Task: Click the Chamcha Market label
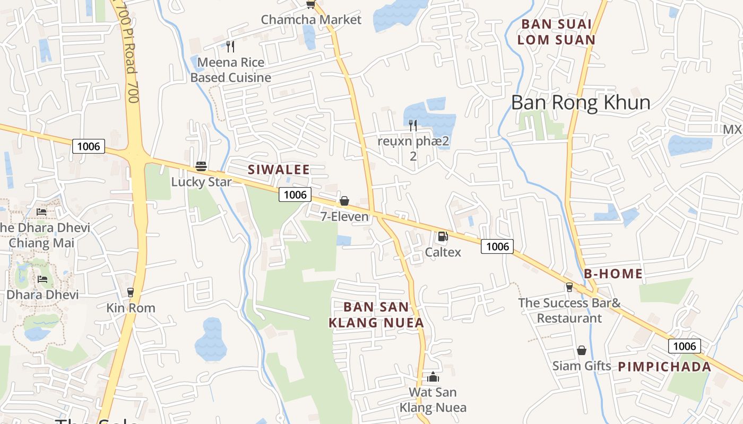311,20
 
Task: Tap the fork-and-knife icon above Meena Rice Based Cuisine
230,47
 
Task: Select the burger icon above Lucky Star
201,166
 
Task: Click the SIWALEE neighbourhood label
279,170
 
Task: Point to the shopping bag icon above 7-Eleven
344,201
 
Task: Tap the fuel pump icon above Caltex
443,236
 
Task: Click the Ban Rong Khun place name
581,103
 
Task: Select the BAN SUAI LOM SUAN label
556,32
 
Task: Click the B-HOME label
614,274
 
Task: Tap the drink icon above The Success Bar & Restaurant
569,287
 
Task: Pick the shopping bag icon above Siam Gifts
582,350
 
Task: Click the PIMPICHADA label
664,367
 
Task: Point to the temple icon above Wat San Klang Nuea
433,377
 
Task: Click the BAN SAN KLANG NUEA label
376,315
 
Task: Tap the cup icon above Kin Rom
131,292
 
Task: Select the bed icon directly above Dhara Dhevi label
42,279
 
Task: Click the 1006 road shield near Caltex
497,246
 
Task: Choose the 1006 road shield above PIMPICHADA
684,347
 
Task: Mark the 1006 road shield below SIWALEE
295,195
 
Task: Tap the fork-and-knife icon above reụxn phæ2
413,126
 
